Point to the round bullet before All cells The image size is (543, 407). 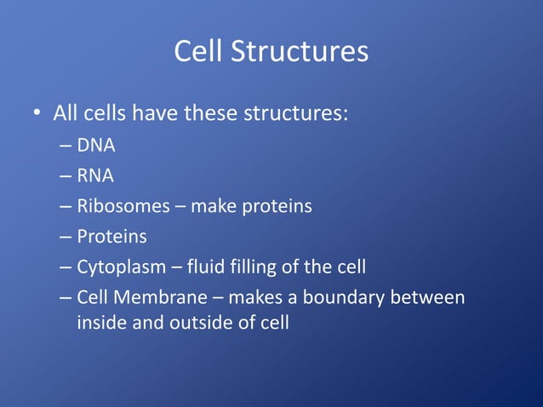pos(37,114)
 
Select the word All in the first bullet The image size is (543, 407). pos(66,113)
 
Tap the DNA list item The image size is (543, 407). pos(95,145)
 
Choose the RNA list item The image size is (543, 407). pos(95,175)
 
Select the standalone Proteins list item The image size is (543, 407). pos(111,237)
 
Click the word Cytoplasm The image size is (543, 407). pos(120,267)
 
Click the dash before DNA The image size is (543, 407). pos(66,146)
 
